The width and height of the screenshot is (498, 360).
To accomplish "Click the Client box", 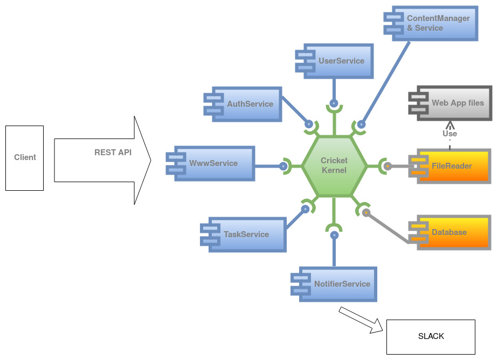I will point(24,158).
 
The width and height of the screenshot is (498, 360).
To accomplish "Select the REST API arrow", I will point(102,161).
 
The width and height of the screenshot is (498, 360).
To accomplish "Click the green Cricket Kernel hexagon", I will point(334,166).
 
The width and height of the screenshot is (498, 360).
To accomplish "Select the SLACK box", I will point(431,336).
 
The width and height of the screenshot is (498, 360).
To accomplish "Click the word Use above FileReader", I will point(449,134).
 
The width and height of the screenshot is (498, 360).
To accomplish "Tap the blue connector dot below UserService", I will point(334,102).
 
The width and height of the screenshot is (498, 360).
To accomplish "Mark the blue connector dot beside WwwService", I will point(283,166).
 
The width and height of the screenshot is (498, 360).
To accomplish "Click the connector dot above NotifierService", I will point(334,235).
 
